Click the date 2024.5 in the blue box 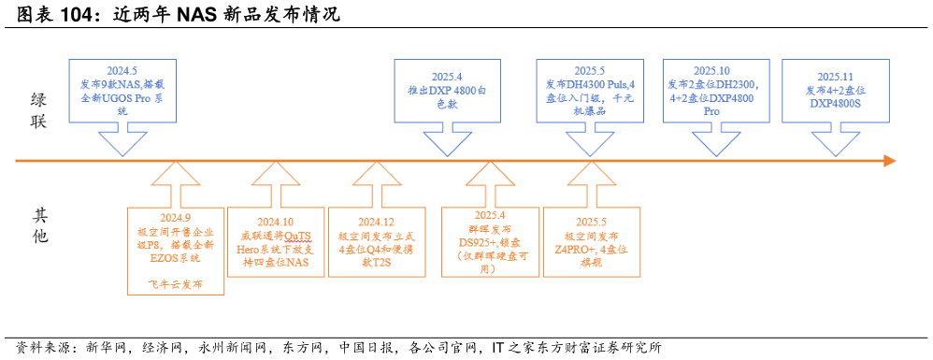click(x=122, y=70)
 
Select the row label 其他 click(x=38, y=225)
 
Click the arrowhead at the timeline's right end click(x=889, y=161)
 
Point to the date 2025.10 click(x=711, y=70)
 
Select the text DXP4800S click(x=835, y=103)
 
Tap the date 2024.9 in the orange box click(x=175, y=218)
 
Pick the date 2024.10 click(x=275, y=222)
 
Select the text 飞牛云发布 click(x=175, y=282)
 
